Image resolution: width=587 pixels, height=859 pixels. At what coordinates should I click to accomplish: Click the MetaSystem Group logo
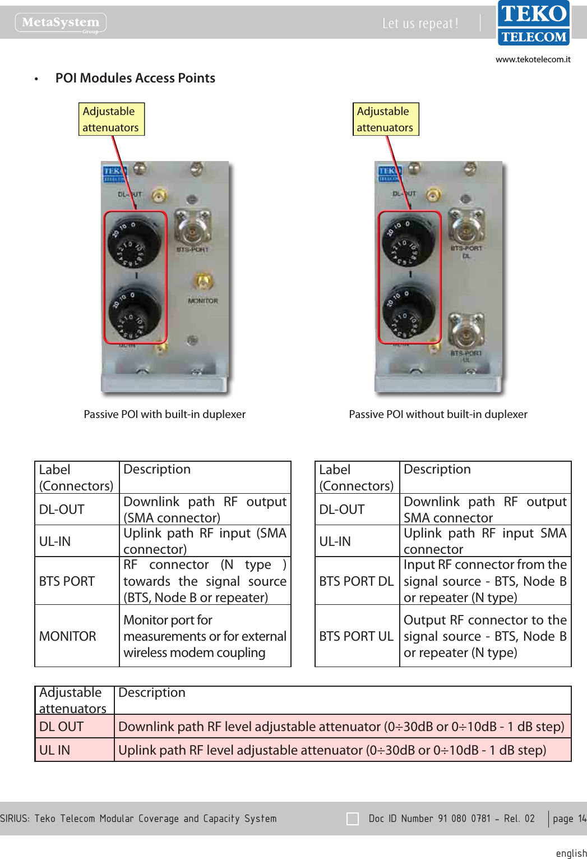pyautogui.click(x=61, y=23)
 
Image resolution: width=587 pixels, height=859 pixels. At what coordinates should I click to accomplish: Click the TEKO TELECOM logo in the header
pyautogui.click(x=534, y=23)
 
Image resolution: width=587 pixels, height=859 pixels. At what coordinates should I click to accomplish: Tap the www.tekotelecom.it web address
pyautogui.click(x=533, y=59)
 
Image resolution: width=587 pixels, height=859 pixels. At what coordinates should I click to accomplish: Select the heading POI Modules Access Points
pyautogui.click(x=135, y=78)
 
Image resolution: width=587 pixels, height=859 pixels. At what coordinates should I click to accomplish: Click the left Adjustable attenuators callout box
pyautogui.click(x=111, y=119)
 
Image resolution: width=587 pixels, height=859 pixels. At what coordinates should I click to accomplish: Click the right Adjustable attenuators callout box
pyautogui.click(x=385, y=119)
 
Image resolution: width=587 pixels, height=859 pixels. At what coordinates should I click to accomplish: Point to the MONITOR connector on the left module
pyautogui.click(x=202, y=282)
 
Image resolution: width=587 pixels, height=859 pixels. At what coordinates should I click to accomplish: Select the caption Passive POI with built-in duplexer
pyautogui.click(x=165, y=414)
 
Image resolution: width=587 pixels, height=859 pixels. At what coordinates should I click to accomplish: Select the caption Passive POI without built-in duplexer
pyautogui.click(x=438, y=414)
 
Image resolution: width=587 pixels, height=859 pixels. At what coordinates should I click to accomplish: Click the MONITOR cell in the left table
pyautogui.click(x=68, y=636)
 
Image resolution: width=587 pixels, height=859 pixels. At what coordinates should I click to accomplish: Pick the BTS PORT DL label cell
pyautogui.click(x=357, y=581)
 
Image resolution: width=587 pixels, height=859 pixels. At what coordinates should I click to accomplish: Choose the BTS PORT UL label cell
pyautogui.click(x=357, y=636)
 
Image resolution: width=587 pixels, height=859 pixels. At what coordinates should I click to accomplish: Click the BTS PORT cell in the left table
pyautogui.click(x=67, y=581)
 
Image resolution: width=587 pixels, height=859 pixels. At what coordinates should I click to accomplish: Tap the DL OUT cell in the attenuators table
pyautogui.click(x=62, y=727)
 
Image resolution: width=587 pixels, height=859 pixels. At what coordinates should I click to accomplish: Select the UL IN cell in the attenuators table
pyautogui.click(x=55, y=750)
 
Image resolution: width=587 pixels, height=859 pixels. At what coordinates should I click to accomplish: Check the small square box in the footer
pyautogui.click(x=353, y=819)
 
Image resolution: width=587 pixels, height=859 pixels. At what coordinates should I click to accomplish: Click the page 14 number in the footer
pyautogui.click(x=569, y=819)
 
